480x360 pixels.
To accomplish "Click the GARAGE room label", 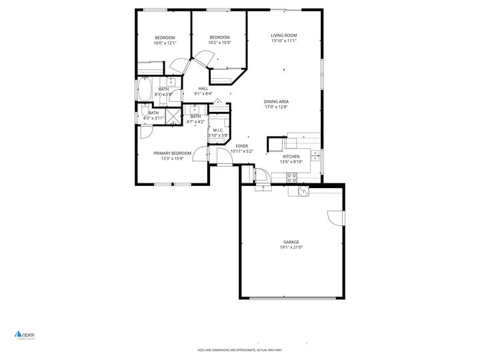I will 291,242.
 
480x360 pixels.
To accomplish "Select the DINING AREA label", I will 276,101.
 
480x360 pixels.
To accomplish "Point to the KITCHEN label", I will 291,156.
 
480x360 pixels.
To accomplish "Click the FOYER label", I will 241,146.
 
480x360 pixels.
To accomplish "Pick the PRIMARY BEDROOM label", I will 176,153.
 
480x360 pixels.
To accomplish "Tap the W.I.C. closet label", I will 218,130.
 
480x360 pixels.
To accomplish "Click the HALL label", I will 203,89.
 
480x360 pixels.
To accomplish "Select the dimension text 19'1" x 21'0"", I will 291,247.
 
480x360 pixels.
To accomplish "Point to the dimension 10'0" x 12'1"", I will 165,43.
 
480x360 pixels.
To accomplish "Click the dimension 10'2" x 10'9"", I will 219,43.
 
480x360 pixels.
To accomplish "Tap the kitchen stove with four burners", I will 292,177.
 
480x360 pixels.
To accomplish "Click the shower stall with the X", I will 173,117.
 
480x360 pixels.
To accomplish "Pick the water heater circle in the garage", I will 303,191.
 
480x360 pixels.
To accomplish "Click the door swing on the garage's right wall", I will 335,218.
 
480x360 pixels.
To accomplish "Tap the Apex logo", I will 27,335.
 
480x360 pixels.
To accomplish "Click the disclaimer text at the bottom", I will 240,349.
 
